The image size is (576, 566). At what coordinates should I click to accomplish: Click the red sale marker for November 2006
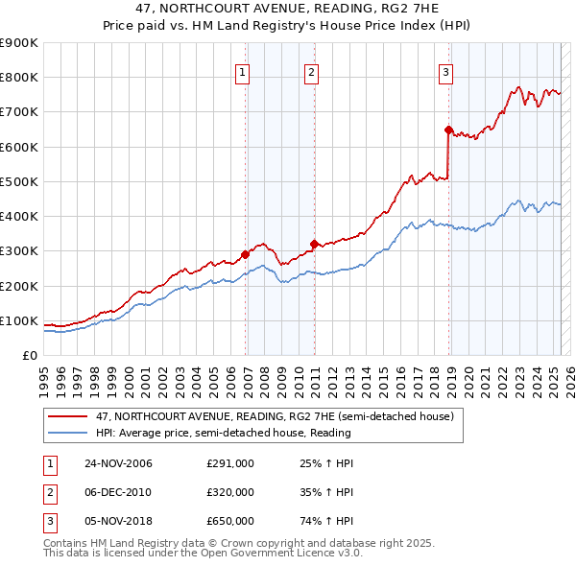coord(246,254)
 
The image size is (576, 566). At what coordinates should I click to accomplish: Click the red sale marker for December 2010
coord(314,244)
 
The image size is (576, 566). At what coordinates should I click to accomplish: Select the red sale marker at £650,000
coord(448,130)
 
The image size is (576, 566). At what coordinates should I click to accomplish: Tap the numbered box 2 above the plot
coord(312,70)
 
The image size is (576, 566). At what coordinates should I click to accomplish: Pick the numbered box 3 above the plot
coord(446,70)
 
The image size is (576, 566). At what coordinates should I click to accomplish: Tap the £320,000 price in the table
coord(230,492)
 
